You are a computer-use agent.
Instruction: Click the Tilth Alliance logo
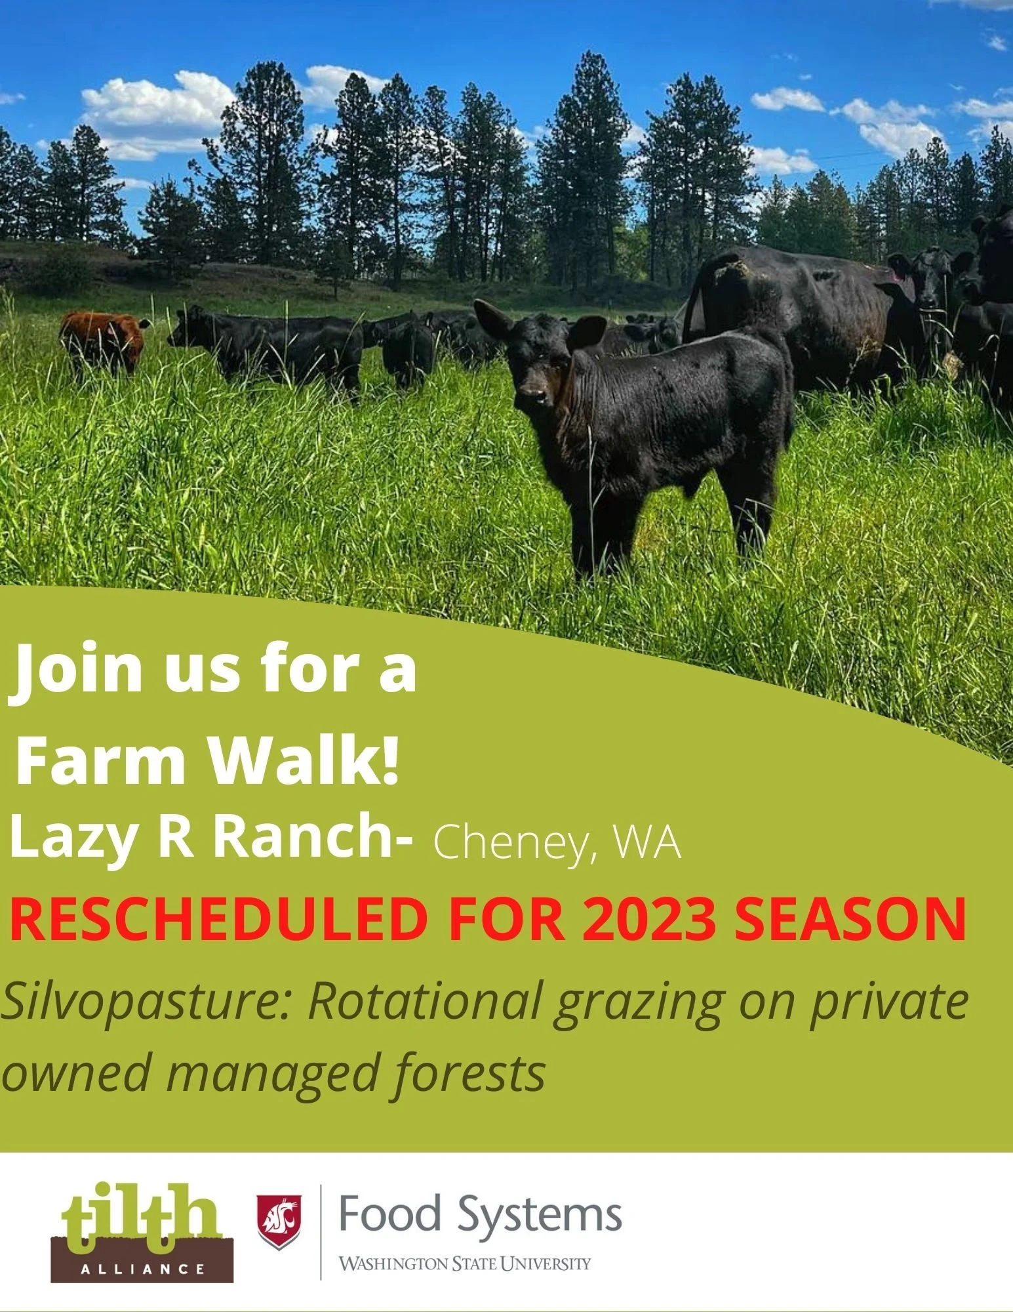tap(142, 1233)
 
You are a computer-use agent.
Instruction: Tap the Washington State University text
tap(464, 1263)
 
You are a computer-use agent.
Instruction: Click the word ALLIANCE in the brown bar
tap(142, 1269)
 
